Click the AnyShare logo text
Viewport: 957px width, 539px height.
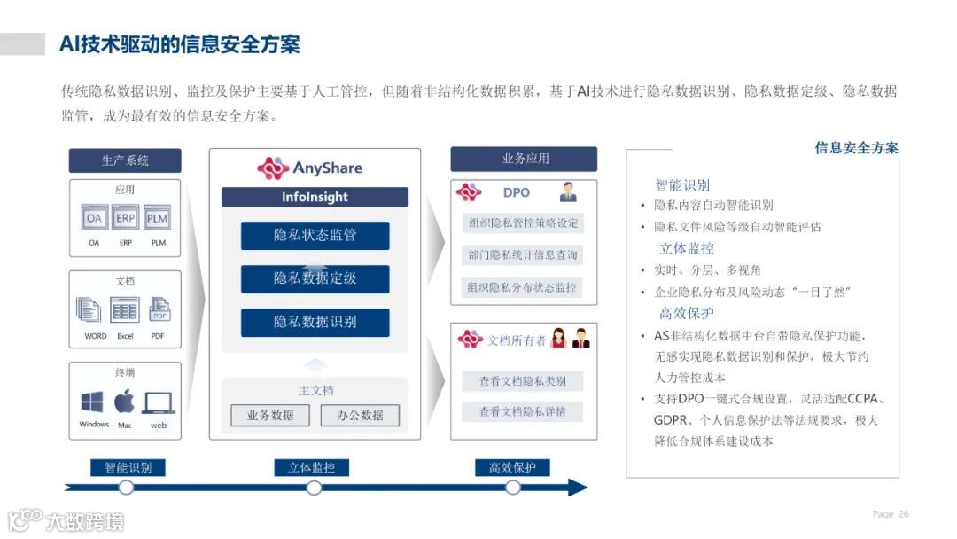point(327,168)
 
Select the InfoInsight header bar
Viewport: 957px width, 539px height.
point(315,197)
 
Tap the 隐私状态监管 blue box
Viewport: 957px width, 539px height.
point(315,236)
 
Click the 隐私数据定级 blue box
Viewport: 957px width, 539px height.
point(315,278)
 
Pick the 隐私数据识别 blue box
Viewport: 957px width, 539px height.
point(315,322)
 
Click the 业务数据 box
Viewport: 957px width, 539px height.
point(270,415)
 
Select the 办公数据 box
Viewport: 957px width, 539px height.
point(360,415)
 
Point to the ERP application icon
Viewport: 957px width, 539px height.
point(126,218)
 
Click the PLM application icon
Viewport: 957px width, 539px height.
point(158,218)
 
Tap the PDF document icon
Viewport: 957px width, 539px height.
point(159,309)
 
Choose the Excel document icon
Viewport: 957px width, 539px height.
point(125,309)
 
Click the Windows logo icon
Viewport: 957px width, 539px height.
point(92,402)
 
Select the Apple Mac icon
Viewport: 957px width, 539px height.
point(125,402)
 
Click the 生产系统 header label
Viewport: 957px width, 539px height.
point(125,160)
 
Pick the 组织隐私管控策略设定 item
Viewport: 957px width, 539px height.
point(523,223)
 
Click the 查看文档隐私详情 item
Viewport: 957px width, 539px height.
point(523,411)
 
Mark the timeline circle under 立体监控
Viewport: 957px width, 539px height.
point(314,488)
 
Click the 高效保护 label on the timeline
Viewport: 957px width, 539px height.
point(512,467)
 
